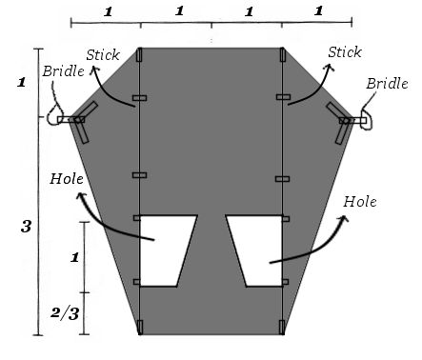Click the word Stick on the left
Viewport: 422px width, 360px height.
[103, 55]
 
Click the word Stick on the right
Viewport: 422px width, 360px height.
[345, 52]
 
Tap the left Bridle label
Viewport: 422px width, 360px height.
[64, 71]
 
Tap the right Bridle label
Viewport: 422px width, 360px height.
[387, 84]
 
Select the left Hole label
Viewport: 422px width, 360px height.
[67, 179]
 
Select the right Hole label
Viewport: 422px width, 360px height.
[360, 202]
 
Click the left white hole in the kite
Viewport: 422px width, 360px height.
[166, 250]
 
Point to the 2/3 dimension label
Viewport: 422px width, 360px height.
[65, 313]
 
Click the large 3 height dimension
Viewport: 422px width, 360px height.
[26, 227]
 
